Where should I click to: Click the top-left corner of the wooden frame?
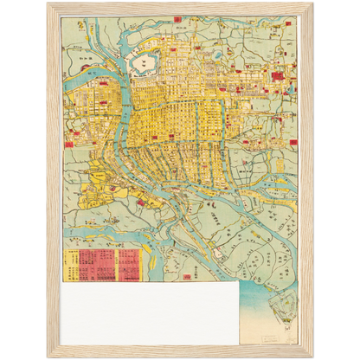pos(48,5)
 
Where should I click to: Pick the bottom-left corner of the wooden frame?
pos(48,355)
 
